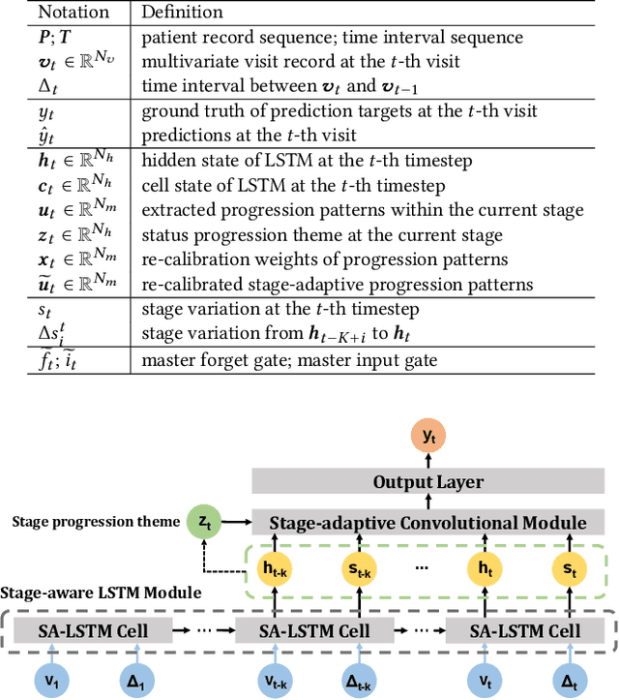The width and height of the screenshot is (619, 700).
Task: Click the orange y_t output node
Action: click(427, 437)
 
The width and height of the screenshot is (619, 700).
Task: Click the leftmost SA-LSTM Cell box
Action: click(94, 631)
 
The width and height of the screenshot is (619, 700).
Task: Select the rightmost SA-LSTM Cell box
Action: click(524, 631)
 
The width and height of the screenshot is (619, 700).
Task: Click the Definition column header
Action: click(183, 13)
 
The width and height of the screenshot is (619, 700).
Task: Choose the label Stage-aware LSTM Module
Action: click(101, 593)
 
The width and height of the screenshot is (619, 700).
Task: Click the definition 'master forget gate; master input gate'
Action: click(289, 360)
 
